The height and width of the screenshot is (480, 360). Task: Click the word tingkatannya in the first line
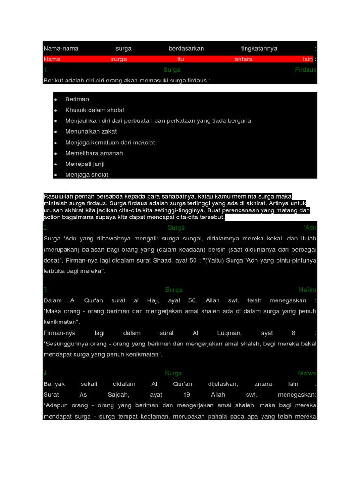click(259, 48)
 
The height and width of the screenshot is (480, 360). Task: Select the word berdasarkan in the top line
click(186, 48)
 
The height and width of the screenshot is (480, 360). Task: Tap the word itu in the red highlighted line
click(180, 59)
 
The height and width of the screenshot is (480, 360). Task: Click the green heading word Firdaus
click(306, 70)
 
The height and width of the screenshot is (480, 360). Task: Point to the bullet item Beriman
click(77, 99)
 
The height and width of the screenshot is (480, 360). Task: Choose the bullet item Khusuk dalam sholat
click(95, 110)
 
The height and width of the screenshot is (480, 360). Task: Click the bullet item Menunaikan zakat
click(91, 132)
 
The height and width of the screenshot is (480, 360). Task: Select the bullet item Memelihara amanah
click(94, 153)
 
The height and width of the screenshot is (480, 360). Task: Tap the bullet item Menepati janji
click(85, 164)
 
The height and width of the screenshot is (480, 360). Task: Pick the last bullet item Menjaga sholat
click(87, 175)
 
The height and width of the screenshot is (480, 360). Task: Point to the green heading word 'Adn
click(310, 228)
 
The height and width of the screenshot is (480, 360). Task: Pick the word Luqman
click(230, 333)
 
